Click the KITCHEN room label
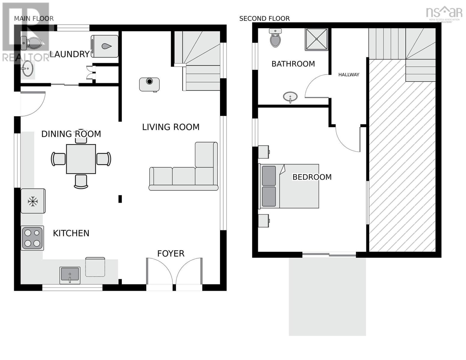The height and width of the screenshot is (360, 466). tap(71, 233)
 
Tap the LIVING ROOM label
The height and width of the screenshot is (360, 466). tap(171, 127)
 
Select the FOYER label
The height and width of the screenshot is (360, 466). tap(171, 253)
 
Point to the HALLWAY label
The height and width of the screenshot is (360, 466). tap(349, 75)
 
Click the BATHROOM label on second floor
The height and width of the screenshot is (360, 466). tap(293, 64)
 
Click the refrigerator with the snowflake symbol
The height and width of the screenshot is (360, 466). tap(33, 201)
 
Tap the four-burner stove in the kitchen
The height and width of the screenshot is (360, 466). tap(32, 238)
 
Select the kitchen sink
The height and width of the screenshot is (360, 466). tap(70, 275)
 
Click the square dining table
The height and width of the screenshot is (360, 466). tap(81, 159)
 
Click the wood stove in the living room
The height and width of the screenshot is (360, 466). tap(149, 84)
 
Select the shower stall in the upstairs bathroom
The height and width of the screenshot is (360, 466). tap(317, 39)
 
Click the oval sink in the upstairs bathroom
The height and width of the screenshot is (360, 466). tap(290, 97)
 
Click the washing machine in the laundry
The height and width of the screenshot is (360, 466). tap(104, 46)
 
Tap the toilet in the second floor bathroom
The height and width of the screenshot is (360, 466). tap(275, 38)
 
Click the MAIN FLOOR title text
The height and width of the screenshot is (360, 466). tap(34, 19)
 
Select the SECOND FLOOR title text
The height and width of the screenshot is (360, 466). tap(264, 19)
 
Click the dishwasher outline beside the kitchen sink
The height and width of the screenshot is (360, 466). tap(95, 267)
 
